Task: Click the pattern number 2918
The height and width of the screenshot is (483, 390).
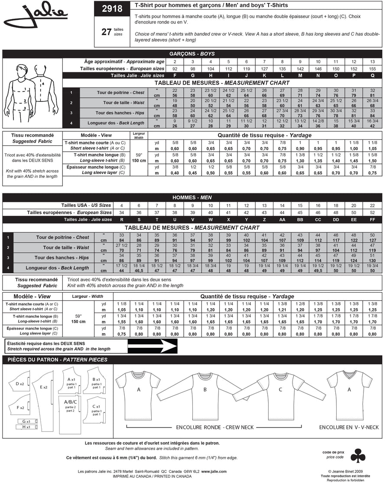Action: click(111, 8)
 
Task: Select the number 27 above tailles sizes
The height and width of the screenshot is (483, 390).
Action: click(107, 32)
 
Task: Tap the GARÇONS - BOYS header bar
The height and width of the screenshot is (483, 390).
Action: click(192, 54)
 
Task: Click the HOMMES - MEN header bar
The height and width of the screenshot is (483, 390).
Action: click(192, 197)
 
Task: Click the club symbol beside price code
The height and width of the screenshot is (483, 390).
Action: click(358, 456)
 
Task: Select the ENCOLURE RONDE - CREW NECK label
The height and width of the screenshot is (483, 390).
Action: click(214, 427)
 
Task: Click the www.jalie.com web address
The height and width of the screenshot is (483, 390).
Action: click(216, 471)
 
